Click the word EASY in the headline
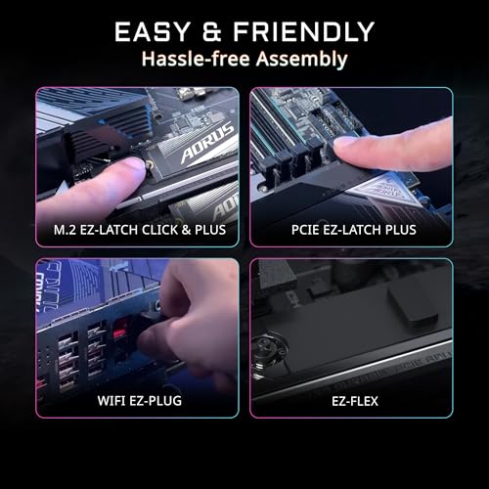157,31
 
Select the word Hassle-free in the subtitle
190,59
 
